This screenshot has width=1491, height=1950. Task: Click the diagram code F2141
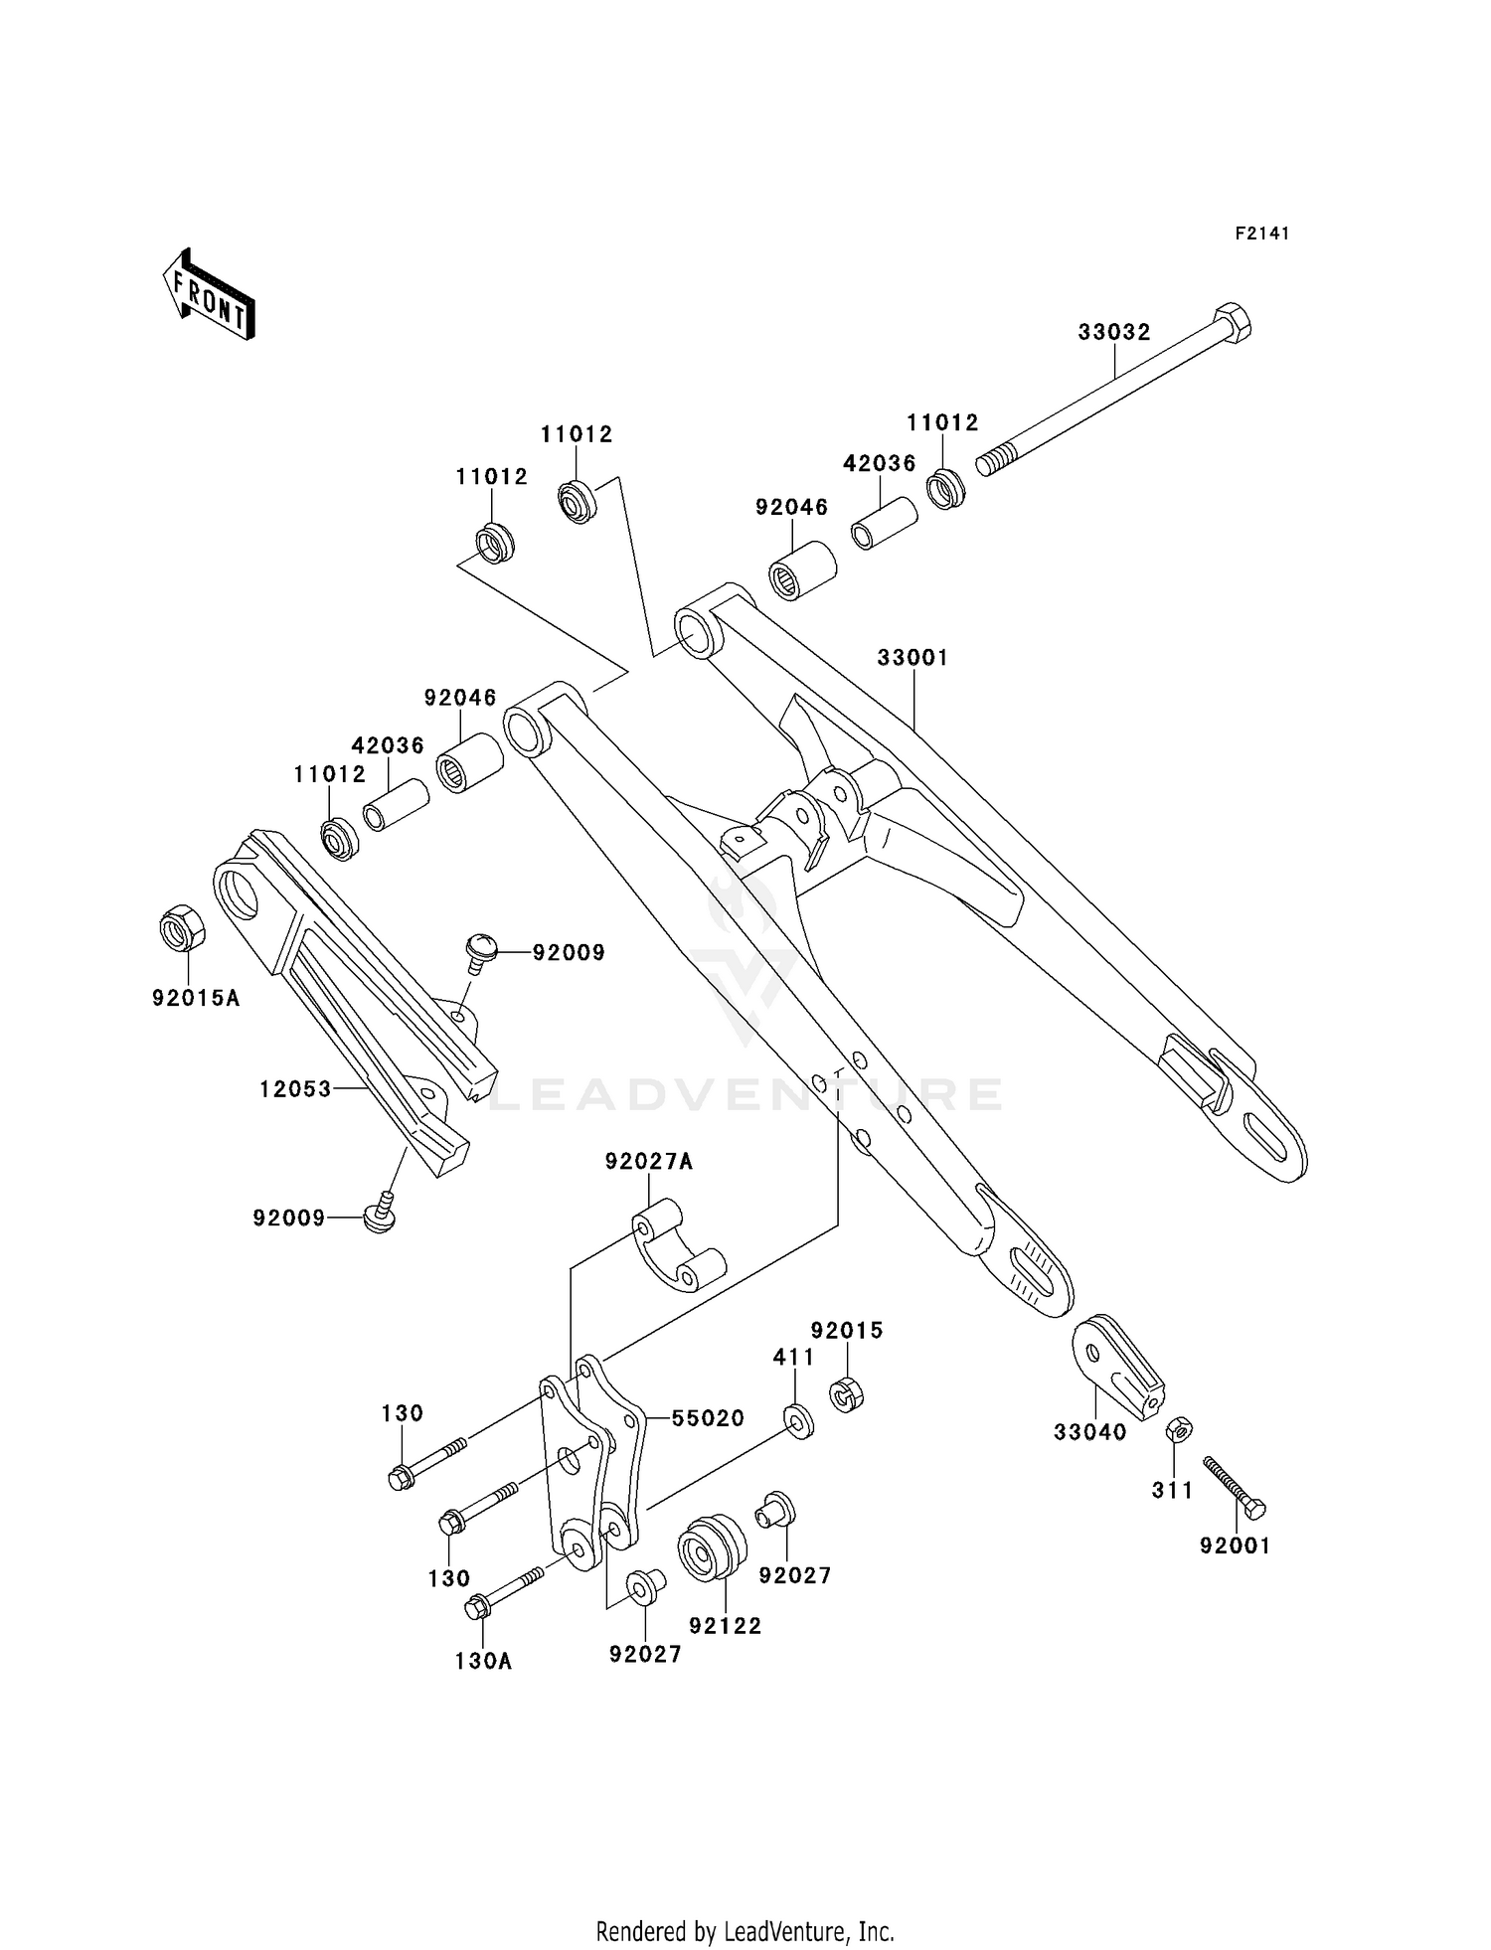click(1261, 234)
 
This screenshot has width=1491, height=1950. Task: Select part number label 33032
click(1113, 332)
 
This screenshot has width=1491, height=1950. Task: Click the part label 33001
click(912, 658)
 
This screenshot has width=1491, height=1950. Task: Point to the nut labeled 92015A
click(183, 929)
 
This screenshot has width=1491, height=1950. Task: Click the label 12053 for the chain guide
click(294, 1089)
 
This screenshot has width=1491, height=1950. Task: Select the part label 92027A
click(649, 1161)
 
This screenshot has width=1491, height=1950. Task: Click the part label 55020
click(708, 1419)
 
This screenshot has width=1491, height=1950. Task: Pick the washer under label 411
click(798, 1420)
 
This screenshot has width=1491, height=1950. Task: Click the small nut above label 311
click(1179, 1430)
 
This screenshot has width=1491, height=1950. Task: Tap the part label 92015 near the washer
click(846, 1331)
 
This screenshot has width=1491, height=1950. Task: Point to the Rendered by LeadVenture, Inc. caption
click(745, 1931)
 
